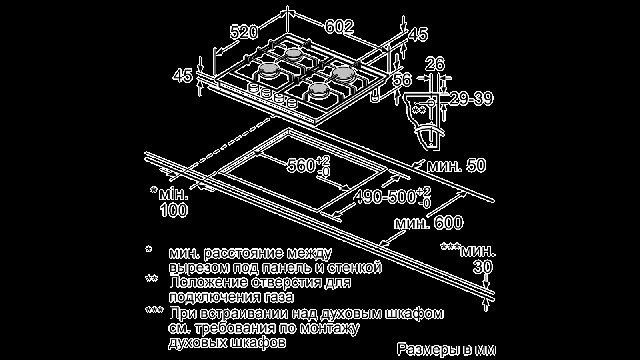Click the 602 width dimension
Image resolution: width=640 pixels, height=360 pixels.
coord(339,27)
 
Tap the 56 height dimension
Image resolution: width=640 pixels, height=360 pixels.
coord(401,80)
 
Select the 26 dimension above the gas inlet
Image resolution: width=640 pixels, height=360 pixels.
coord(435,64)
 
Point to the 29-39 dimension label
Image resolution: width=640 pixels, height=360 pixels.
coord(471,99)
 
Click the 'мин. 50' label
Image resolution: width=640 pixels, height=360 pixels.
coord(456,165)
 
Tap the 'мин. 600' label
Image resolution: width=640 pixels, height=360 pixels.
coord(429,223)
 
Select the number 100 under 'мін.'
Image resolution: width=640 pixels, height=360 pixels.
coord(174,210)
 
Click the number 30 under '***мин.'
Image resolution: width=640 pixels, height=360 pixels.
coord(482,267)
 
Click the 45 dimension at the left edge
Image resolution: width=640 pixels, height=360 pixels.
coord(182,76)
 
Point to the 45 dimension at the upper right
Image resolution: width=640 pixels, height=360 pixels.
coord(418,34)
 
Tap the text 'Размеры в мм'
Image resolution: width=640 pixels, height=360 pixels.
coord(446,349)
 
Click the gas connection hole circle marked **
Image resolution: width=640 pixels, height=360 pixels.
coord(431,103)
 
